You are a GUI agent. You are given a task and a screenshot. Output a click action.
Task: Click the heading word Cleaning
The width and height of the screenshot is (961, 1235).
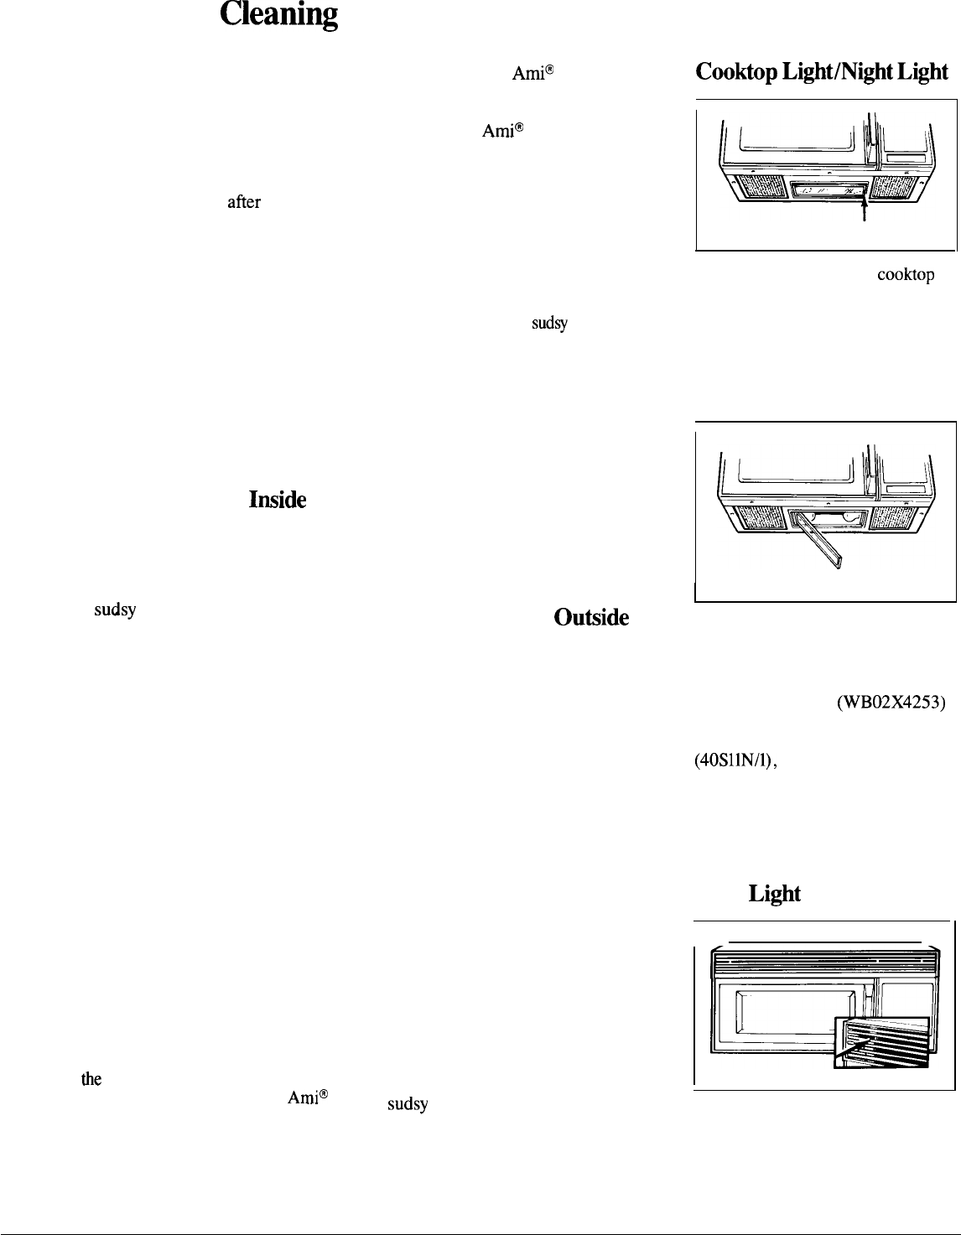279,16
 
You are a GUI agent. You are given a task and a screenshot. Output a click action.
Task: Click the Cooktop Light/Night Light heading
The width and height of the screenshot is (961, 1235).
822,72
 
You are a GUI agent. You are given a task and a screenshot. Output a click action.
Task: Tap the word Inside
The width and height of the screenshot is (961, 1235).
277,501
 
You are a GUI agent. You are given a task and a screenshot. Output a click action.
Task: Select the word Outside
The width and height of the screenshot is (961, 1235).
591,617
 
